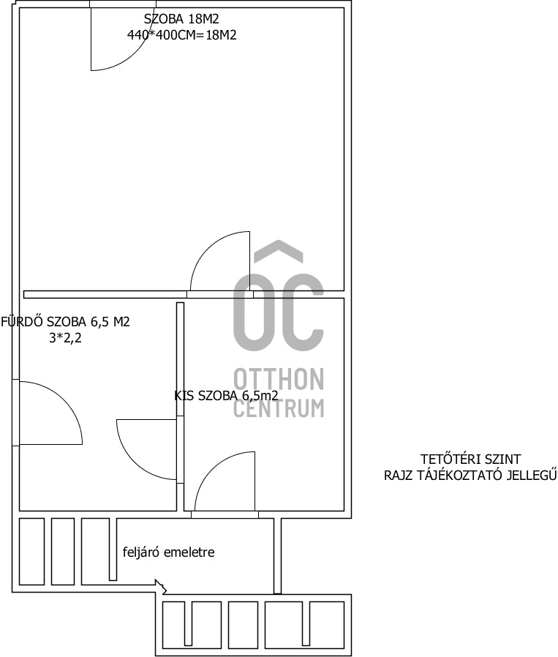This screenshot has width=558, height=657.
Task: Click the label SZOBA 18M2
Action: (181, 19)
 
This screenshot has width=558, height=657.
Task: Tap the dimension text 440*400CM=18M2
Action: (182, 35)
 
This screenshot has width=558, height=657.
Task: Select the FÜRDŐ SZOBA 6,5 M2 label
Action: (65, 322)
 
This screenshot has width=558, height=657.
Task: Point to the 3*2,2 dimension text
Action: (65, 338)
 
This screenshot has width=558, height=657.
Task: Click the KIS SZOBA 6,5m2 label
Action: (226, 396)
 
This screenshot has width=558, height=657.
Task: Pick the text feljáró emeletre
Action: (168, 552)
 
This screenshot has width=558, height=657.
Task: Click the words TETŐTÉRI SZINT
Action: (470, 459)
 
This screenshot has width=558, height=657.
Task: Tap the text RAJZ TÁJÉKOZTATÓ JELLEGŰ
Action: (470, 475)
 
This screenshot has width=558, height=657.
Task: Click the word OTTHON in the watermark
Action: (279, 379)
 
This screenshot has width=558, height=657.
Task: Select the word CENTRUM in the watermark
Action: (279, 408)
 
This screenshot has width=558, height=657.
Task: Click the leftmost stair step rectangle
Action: (32, 552)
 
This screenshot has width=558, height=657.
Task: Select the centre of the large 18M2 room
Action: (182, 149)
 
